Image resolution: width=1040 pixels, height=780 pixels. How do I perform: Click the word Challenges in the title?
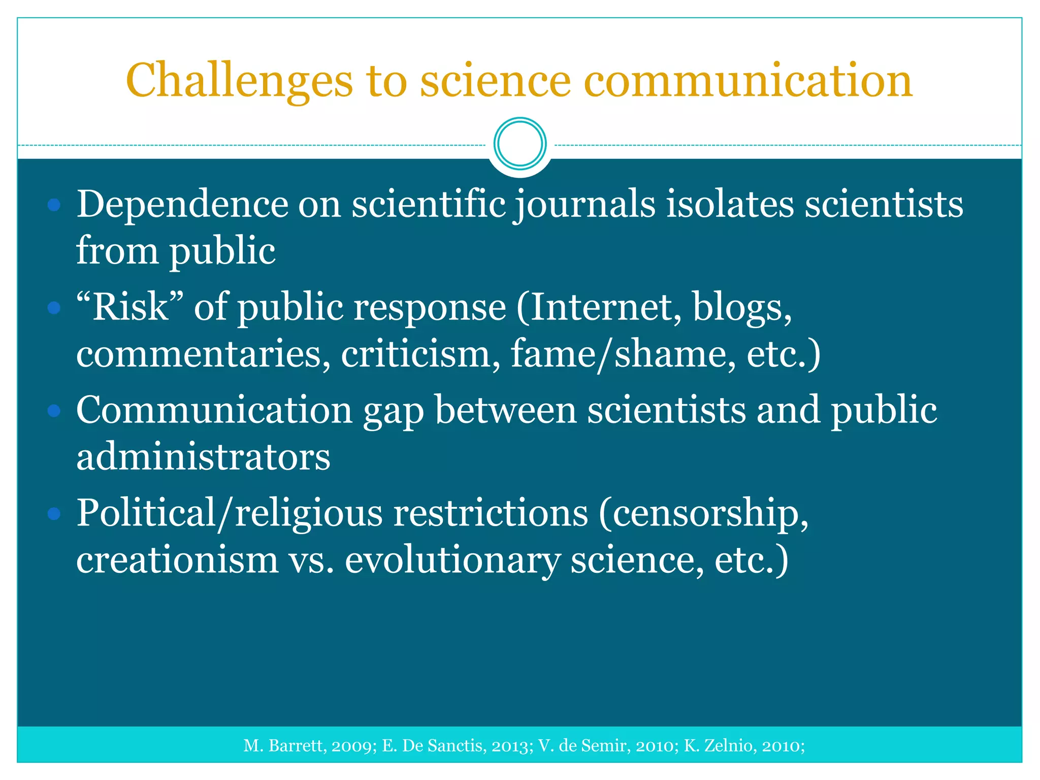coord(239,81)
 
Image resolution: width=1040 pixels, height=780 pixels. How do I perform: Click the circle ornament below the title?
coord(520,144)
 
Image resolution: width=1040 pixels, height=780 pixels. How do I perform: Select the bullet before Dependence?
coord(54,205)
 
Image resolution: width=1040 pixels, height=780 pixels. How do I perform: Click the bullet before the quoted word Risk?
coord(54,308)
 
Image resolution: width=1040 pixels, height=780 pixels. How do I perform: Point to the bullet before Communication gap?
coord(54,410)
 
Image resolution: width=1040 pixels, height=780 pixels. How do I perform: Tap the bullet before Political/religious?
coord(54,514)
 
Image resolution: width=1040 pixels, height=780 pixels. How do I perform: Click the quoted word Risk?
coord(130,308)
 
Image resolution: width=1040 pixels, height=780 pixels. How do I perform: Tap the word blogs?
coord(742,308)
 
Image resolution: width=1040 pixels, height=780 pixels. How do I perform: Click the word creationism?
coord(177,560)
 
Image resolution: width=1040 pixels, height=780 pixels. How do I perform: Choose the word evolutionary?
coord(452,561)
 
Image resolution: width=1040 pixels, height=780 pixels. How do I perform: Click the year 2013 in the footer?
coord(511,745)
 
